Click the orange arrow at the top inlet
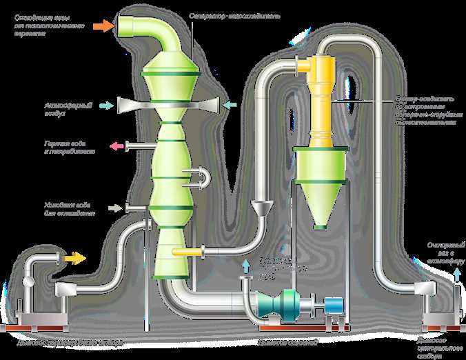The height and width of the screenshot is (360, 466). pos(103,26)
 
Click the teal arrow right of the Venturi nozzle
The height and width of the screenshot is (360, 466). pos(230,105)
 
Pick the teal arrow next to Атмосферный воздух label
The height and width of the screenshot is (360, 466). pos(106,105)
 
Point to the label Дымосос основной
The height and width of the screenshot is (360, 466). pos(286,342)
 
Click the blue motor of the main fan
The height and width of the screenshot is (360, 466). pos(334,304)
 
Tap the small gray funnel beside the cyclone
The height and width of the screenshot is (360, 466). pos(261,207)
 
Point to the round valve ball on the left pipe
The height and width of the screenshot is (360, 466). pos(28,281)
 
